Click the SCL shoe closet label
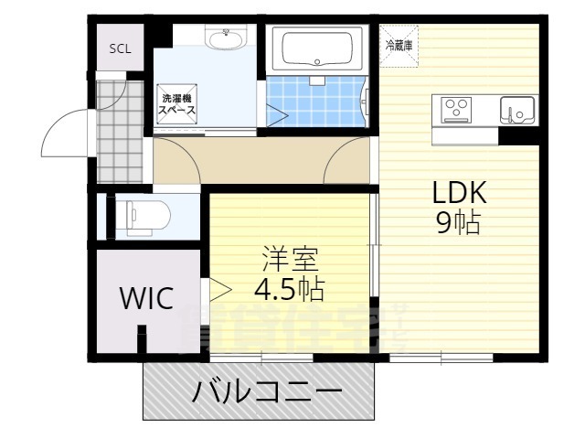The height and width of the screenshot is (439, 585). pyautogui.click(x=120, y=49)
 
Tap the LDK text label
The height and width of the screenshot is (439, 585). pyautogui.click(x=459, y=194)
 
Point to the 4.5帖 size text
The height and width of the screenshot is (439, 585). pyautogui.click(x=287, y=290)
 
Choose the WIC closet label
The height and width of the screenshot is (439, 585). pyautogui.click(x=146, y=299)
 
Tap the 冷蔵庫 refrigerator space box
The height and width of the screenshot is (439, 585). pyautogui.click(x=399, y=45)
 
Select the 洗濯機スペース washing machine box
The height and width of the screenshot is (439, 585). pyautogui.click(x=177, y=104)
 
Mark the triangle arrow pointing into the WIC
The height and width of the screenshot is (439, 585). pyautogui.click(x=219, y=291)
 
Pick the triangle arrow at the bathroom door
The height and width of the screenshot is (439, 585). pyautogui.click(x=277, y=115)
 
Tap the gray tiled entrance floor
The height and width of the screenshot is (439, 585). pyautogui.click(x=121, y=133)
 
